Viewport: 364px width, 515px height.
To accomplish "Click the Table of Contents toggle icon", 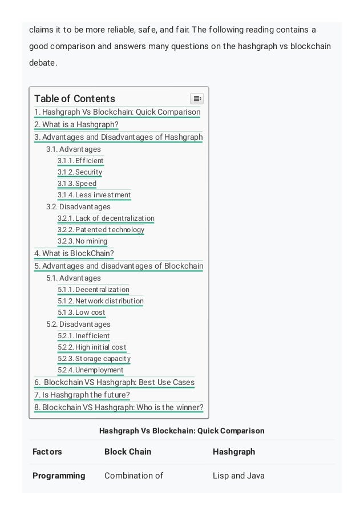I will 196,99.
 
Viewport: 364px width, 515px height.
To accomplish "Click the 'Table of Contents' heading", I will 75,99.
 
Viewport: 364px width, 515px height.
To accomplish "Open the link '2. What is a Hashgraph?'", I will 76,125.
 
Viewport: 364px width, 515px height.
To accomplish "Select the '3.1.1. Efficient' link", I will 80,161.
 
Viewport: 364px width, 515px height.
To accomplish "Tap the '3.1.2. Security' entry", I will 80,172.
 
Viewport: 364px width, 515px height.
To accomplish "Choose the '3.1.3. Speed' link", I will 77,184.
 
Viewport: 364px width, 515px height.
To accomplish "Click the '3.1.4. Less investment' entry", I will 94,195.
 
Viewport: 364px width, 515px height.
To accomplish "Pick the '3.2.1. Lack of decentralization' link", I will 106,218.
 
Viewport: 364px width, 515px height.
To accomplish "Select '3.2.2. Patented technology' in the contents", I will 101,230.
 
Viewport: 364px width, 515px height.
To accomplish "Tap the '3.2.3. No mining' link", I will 82,241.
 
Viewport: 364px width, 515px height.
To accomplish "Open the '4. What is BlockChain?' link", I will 74,254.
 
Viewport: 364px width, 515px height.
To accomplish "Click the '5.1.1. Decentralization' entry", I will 94,290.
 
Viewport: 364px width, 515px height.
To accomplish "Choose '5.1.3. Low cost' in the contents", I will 82,313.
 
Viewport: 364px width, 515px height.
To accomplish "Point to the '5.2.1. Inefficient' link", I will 84,336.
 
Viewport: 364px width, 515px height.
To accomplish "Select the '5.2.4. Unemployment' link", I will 91,370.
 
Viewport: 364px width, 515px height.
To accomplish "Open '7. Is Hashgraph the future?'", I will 82,395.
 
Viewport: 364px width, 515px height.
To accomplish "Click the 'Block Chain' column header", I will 128,452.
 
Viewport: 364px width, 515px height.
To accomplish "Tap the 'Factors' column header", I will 47,452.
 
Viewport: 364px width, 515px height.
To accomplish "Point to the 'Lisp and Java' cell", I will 238,476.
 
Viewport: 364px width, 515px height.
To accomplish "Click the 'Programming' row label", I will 59,476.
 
